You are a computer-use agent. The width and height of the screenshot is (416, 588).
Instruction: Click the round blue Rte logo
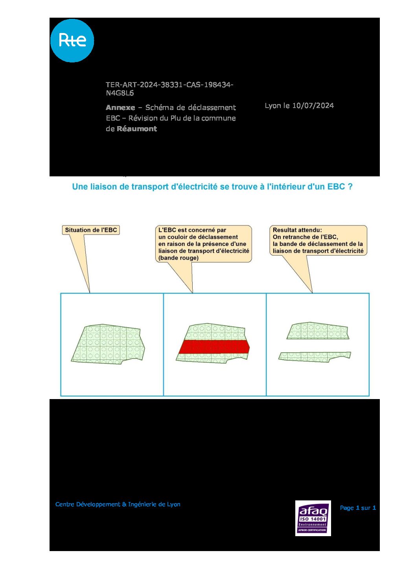coord(72,40)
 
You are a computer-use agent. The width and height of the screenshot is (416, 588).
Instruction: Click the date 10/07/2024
coord(313,106)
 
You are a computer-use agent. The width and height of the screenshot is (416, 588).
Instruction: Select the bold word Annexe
coord(120,108)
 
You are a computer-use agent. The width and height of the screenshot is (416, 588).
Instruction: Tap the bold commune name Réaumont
coord(137,129)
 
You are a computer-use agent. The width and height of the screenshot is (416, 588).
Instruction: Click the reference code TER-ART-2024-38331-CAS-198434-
coord(169,85)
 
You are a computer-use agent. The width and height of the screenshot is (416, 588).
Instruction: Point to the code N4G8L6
coord(120,93)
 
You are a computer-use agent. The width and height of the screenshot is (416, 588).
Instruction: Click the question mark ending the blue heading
coord(350,187)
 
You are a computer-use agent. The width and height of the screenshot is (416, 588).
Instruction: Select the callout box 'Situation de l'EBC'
coord(91,230)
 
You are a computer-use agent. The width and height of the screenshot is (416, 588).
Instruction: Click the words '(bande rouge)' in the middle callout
coord(179,258)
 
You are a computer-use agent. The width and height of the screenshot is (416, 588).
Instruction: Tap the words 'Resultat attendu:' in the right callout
coord(297,230)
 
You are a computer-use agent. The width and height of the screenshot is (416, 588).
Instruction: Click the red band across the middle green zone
coord(214,347)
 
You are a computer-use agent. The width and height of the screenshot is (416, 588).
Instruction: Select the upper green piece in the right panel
coord(318,331)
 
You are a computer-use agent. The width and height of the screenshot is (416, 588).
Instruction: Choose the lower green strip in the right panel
coord(314,356)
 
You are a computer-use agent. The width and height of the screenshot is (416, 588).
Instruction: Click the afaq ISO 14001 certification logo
coord(313,518)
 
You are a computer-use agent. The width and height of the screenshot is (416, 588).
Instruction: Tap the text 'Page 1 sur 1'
coord(358,508)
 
